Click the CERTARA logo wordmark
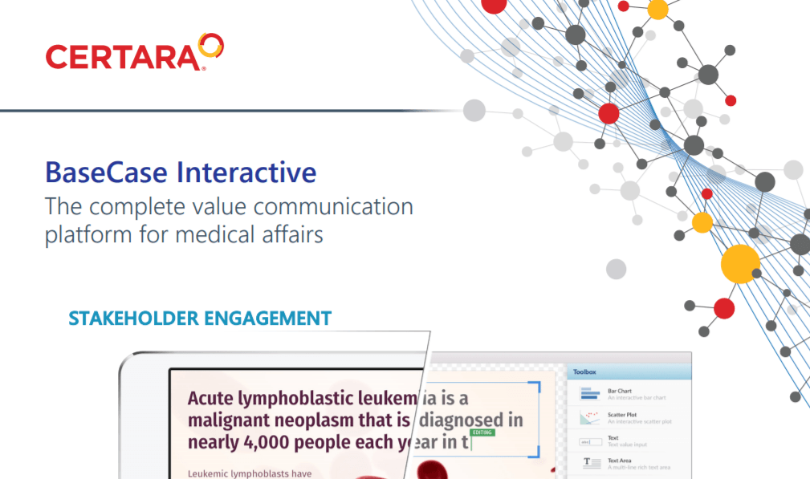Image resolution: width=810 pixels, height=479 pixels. (121, 57)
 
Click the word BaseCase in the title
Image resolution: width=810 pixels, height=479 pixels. (107, 173)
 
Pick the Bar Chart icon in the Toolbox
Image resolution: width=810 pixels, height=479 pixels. (591, 394)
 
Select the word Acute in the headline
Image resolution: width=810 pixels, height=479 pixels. (210, 398)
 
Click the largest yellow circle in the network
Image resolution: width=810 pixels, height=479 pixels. (740, 262)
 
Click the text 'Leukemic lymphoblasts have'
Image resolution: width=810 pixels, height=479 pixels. (249, 473)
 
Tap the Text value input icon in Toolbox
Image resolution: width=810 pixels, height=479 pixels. (591, 440)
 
